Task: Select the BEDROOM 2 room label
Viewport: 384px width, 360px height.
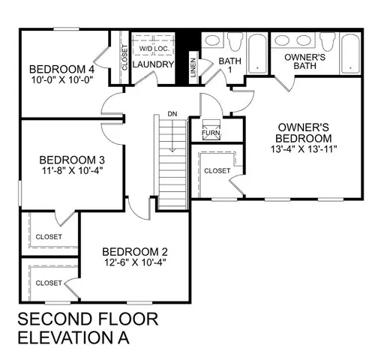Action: (x=135, y=251)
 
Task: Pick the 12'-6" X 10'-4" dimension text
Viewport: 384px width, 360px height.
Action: (x=135, y=262)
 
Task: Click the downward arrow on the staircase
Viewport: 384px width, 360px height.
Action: (x=172, y=135)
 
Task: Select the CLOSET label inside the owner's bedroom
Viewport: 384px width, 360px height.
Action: (x=217, y=171)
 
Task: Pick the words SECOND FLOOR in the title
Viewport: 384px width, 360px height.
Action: (x=88, y=319)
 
